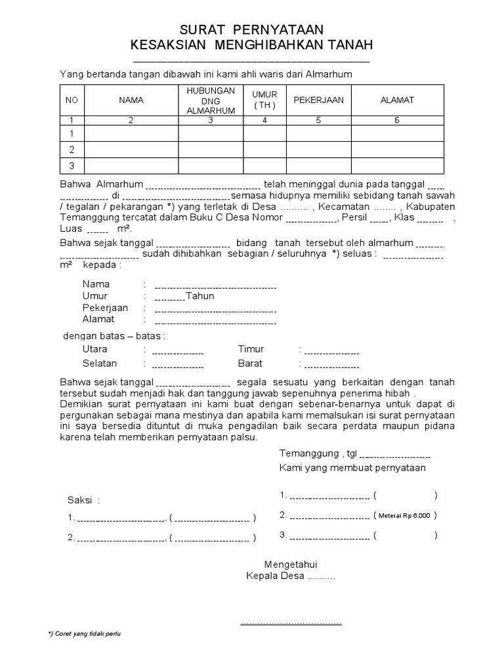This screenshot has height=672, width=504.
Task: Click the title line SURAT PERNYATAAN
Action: [x=252, y=30]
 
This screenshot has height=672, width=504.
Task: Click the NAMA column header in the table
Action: [x=131, y=100]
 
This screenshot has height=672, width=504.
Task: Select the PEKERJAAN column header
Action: [x=318, y=100]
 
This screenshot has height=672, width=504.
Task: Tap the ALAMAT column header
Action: [x=397, y=100]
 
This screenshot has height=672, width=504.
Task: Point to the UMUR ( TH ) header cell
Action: [x=264, y=100]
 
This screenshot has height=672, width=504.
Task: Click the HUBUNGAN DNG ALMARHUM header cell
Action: [x=210, y=100]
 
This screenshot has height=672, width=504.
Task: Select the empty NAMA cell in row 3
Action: [x=131, y=166]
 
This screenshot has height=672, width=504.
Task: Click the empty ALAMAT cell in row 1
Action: [x=397, y=133]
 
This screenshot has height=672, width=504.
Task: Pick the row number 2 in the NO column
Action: [x=72, y=150]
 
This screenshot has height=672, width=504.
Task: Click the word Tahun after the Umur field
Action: [x=200, y=296]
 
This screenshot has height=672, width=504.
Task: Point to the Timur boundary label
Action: [x=251, y=350]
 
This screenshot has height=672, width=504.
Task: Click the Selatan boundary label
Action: [x=100, y=364]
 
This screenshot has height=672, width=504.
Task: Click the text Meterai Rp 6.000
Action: [x=404, y=516]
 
